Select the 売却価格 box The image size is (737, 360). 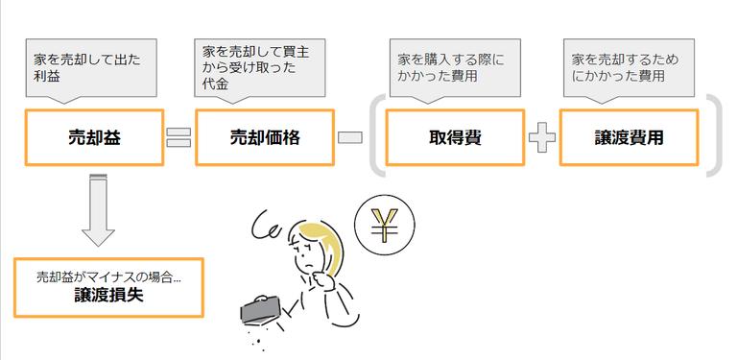265,137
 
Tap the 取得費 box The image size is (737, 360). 455,137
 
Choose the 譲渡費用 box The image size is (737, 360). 630,137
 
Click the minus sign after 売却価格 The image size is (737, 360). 350,137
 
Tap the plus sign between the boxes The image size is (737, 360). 542,137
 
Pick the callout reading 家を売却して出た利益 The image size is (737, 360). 85,69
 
